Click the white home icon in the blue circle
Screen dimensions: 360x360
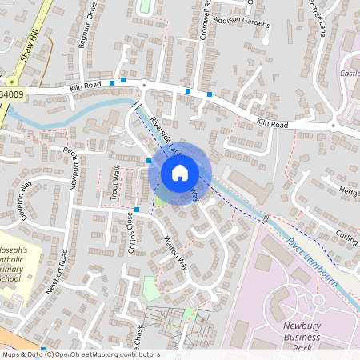(180, 172)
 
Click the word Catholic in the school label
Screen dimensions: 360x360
(15, 259)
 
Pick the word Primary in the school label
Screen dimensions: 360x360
(17, 270)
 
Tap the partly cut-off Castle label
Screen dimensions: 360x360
(349, 74)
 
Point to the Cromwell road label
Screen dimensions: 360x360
(206, 14)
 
